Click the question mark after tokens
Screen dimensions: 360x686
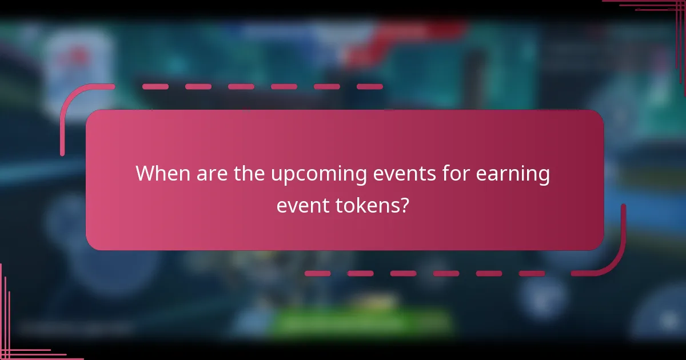point(404,205)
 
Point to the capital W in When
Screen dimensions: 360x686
point(146,173)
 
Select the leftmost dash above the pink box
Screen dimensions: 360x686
point(155,87)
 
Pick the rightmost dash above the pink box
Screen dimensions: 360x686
point(369,87)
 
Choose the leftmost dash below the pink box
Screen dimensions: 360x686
point(317,274)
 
